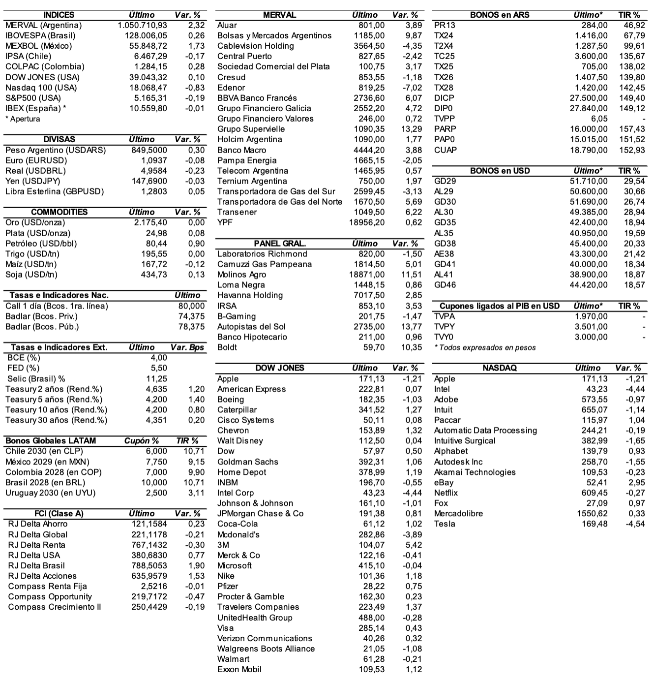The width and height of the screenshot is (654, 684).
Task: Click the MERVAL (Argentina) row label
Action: [43, 25]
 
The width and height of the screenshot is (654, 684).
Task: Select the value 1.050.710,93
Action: [143, 25]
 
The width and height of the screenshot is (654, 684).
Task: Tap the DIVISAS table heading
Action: [59, 139]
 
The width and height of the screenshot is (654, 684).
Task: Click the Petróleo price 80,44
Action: [156, 244]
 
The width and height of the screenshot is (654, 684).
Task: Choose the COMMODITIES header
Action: [59, 212]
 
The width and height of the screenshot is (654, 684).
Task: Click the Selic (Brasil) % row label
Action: [36, 379]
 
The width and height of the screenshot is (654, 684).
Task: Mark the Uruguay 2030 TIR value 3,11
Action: [196, 493]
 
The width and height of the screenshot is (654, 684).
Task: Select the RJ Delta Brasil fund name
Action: [36, 566]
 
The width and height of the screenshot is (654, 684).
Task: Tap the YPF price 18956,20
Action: [367, 222]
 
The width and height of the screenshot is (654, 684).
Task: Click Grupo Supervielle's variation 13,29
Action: [412, 129]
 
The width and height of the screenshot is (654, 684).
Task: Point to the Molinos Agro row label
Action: [241, 275]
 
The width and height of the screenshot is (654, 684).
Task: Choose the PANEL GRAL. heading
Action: [280, 244]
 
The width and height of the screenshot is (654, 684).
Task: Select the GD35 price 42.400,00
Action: [589, 222]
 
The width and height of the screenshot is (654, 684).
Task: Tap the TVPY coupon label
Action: [445, 327]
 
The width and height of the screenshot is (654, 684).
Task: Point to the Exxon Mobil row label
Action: [239, 670]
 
